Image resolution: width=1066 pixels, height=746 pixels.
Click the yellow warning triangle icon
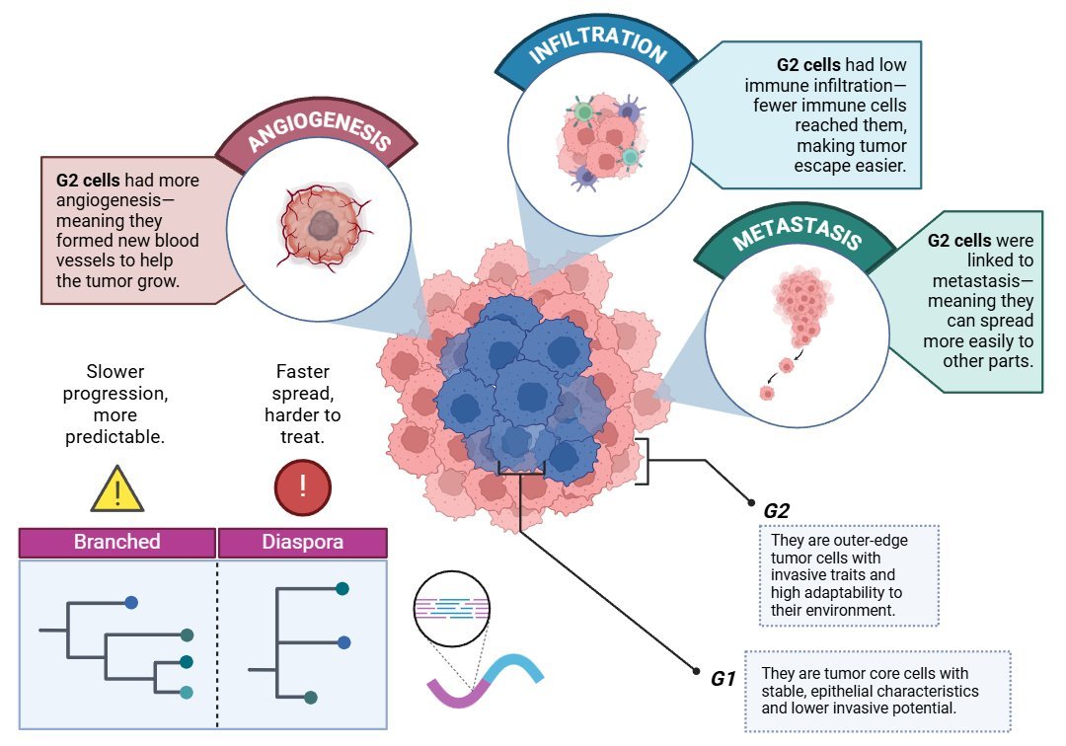117,487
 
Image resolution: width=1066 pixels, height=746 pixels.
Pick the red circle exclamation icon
302,486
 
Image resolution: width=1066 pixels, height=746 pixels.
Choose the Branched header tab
117,542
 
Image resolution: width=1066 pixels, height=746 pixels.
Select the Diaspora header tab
302,542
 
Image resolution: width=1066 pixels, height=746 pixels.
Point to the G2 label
777,510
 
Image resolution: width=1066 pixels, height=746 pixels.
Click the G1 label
723,679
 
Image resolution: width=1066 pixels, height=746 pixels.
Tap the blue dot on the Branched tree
131,601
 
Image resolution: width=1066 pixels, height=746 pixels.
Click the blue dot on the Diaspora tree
343,642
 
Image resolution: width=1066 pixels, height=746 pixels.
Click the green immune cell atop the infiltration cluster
584,112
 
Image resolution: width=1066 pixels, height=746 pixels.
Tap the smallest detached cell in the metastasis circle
767,393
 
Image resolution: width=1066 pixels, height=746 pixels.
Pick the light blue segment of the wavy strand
519,670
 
